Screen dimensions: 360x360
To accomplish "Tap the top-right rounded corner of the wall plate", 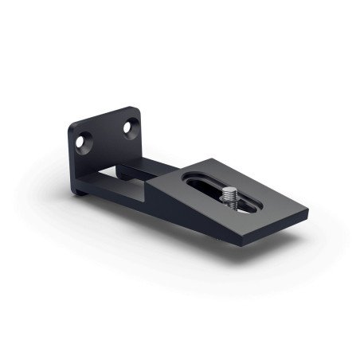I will tap(136, 108).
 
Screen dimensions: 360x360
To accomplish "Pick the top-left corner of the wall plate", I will tap(70, 126).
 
